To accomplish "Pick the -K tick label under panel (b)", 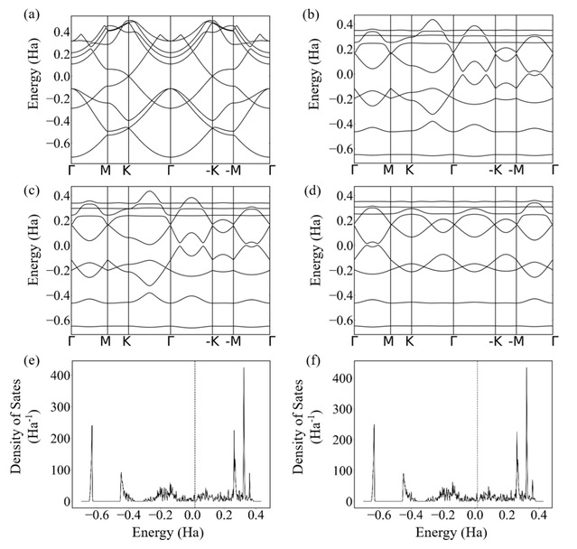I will coord(494,169).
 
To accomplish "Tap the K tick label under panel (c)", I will coord(127,341).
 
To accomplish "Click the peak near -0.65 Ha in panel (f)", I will coord(374,425).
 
